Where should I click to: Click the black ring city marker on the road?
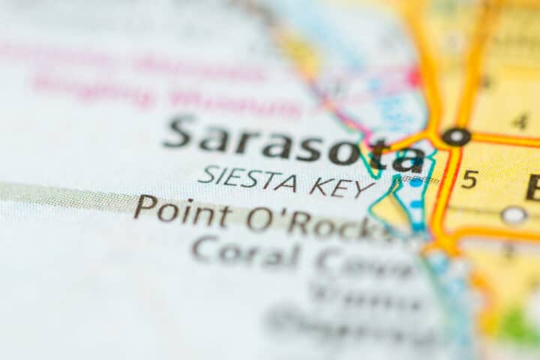point(455,136)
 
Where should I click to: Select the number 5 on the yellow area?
point(469,179)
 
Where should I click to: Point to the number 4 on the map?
point(520,121)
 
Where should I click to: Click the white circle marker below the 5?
point(514,215)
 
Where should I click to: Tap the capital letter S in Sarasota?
point(180,132)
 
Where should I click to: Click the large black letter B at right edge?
point(533,187)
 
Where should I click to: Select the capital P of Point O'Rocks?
point(145,206)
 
